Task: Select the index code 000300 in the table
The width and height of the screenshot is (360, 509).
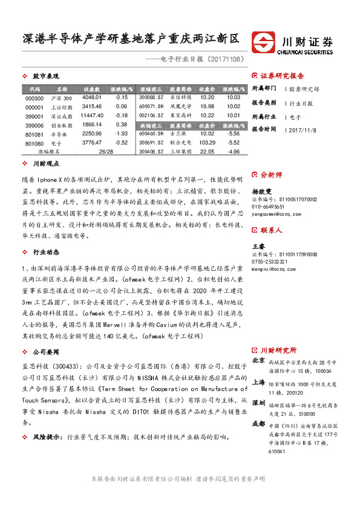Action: coord(35,98)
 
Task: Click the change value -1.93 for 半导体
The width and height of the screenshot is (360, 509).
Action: coord(121,134)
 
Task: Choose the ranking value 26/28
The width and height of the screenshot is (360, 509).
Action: coord(105,152)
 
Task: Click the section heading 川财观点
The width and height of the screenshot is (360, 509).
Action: coord(45,164)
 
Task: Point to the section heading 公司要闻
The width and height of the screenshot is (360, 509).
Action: coord(45,351)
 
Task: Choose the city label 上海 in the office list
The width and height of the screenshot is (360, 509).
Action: coord(258,382)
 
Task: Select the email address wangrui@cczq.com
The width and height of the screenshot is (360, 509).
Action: coord(269,269)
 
